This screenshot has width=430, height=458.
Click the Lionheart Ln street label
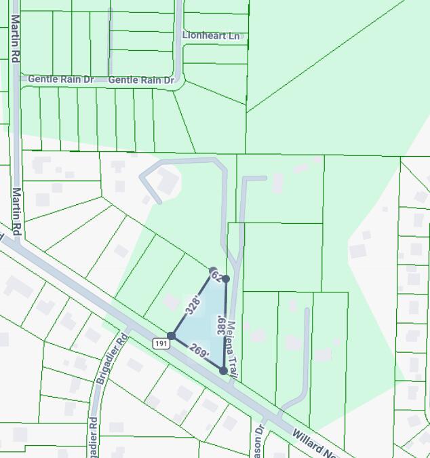click(211, 35)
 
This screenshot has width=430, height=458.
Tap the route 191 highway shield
click(161, 343)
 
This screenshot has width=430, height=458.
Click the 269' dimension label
click(199, 351)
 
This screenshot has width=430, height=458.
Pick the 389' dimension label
click(221, 325)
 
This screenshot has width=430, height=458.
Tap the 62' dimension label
click(217, 275)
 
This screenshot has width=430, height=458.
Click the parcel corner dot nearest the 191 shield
click(171, 336)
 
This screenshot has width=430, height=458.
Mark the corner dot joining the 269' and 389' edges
click(223, 370)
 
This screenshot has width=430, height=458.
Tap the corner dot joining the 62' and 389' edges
click(226, 279)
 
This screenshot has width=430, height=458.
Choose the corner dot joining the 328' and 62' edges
click(213, 271)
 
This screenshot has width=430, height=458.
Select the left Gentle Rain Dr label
click(61, 79)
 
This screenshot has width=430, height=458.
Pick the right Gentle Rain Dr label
click(141, 80)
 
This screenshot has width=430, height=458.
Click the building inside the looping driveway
click(167, 180)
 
